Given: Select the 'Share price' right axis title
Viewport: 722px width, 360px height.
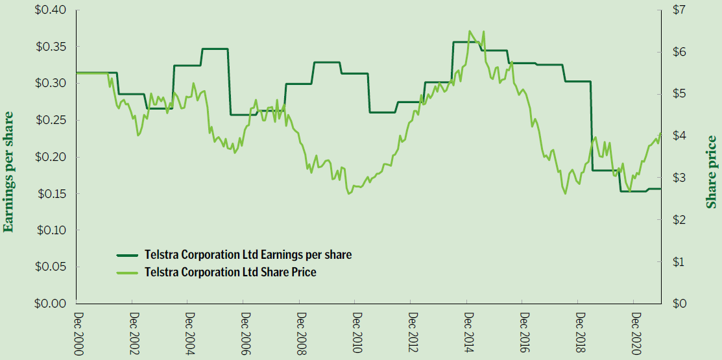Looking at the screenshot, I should [x=712, y=172].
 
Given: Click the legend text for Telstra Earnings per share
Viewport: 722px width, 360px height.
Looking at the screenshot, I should [x=248, y=255].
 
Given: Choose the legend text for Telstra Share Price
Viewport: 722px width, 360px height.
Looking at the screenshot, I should [x=231, y=272].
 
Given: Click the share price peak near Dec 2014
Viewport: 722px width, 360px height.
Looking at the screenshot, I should [x=470, y=31].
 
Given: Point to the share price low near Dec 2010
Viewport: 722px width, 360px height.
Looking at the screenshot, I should [x=349, y=193].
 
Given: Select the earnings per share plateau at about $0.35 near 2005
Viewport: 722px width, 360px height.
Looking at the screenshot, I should [x=215, y=49].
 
